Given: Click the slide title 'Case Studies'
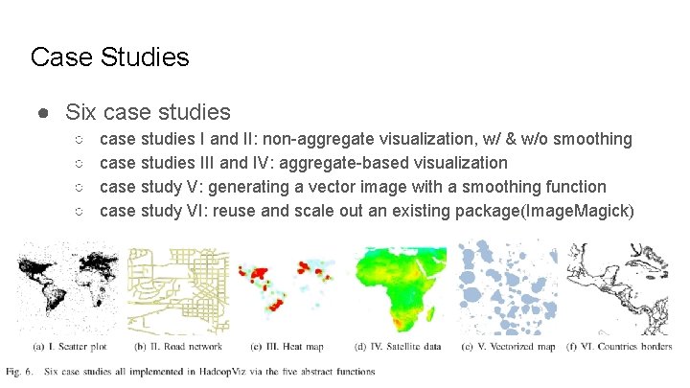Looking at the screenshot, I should pyautogui.click(x=109, y=57).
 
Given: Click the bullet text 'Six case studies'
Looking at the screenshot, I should pyautogui.click(x=148, y=113).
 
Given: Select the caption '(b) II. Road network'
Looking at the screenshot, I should pyautogui.click(x=178, y=347).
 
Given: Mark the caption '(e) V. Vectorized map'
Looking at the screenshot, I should pyautogui.click(x=508, y=347).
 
